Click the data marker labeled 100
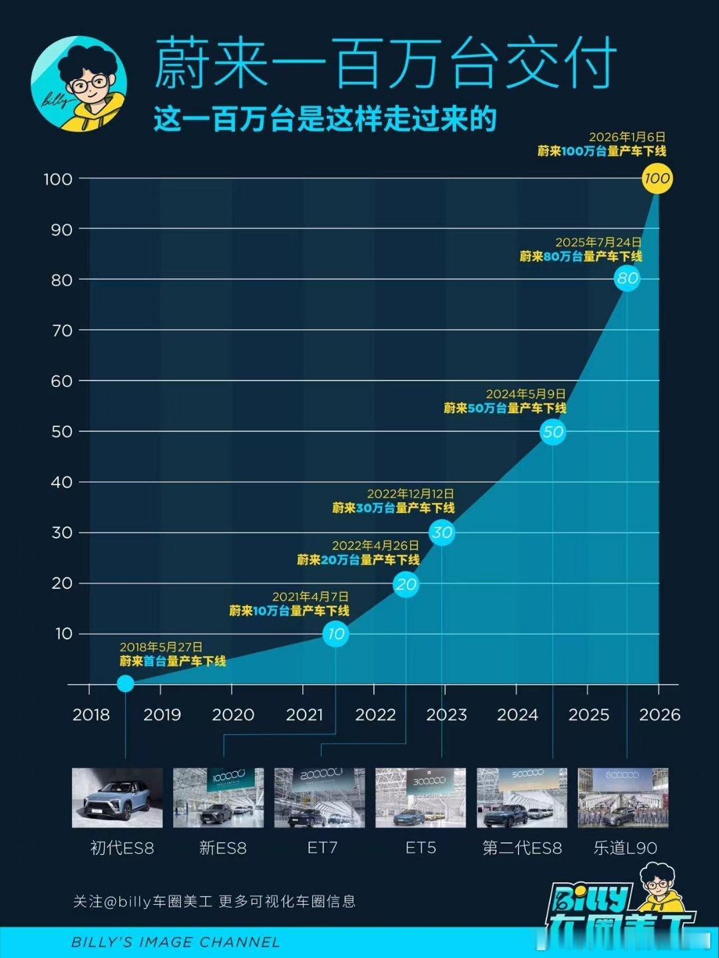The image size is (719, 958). [657, 178]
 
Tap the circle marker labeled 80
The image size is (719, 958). [627, 278]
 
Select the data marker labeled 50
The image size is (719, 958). [553, 432]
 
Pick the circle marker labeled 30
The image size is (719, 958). [442, 532]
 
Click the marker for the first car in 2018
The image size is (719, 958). [125, 683]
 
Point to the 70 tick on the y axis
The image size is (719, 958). [62, 331]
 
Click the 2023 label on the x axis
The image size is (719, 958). [446, 715]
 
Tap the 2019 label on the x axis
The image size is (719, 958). [162, 715]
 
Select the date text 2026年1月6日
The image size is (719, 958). [626, 137]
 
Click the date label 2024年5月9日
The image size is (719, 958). [525, 394]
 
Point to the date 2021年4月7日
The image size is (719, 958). [310, 597]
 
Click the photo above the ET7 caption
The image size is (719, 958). [320, 798]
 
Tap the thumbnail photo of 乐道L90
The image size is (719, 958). [622, 798]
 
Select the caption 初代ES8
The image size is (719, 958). [122, 848]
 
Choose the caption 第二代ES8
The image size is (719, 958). [522, 848]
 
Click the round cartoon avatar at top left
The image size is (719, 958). [79, 83]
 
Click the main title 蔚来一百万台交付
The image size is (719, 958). [384, 65]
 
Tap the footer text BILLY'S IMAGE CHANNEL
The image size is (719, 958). [176, 942]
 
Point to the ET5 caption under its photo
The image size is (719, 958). [421, 848]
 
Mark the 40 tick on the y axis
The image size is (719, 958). [62, 482]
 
